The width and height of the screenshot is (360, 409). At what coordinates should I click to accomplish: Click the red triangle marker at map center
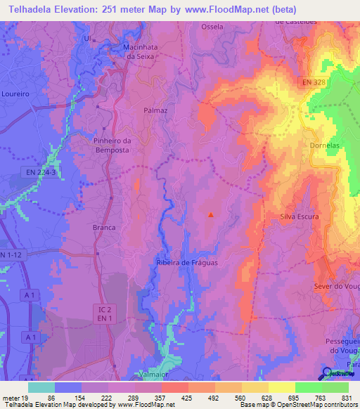point(210,214)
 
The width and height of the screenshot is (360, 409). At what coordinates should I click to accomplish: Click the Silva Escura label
point(299,216)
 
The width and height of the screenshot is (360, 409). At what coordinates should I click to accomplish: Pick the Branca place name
point(104,228)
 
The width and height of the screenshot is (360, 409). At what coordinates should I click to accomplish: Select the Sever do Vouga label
point(336,286)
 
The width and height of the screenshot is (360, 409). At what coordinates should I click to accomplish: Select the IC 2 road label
point(103,308)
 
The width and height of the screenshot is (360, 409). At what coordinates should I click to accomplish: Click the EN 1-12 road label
point(12,254)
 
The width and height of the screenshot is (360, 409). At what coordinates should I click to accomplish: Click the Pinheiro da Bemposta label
point(112,145)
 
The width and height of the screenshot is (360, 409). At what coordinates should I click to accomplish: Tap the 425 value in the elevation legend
point(186,398)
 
